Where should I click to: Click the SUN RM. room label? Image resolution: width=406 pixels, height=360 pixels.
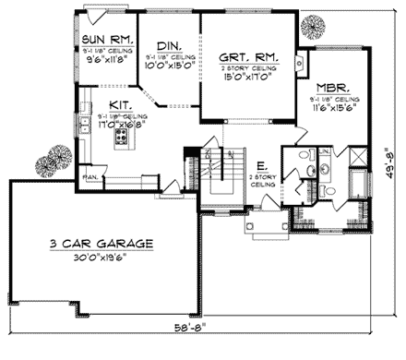pyautogui.click(x=107, y=41)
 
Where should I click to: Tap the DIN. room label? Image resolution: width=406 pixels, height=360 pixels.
pyautogui.click(x=168, y=45)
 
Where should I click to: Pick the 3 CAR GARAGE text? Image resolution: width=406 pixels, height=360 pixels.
pyautogui.click(x=101, y=244)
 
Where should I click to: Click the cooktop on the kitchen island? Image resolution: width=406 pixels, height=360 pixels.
pyautogui.click(x=120, y=138)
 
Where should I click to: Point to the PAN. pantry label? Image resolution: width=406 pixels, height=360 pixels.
pyautogui.click(x=90, y=174)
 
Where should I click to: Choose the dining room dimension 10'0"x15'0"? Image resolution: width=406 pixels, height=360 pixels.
pyautogui.click(x=168, y=66)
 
